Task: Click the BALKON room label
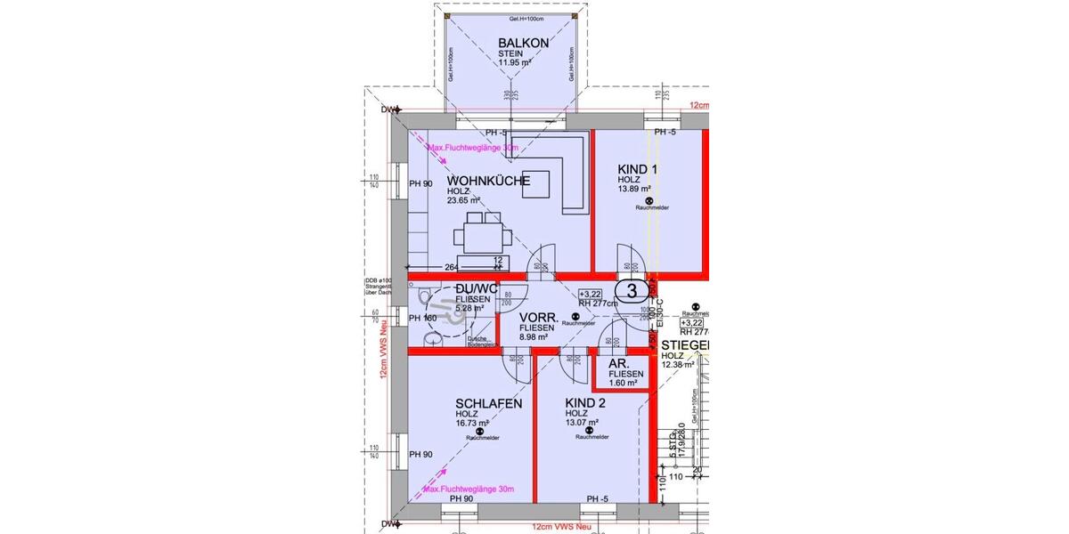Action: point(523,43)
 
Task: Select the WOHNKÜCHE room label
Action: point(488,181)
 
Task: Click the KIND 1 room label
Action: point(637,169)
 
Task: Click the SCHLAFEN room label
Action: point(488,403)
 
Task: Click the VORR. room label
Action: point(539,317)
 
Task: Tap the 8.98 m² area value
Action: point(538,337)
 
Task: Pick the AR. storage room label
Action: point(619,365)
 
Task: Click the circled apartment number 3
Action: point(632,290)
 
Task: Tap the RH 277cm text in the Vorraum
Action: point(599,303)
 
